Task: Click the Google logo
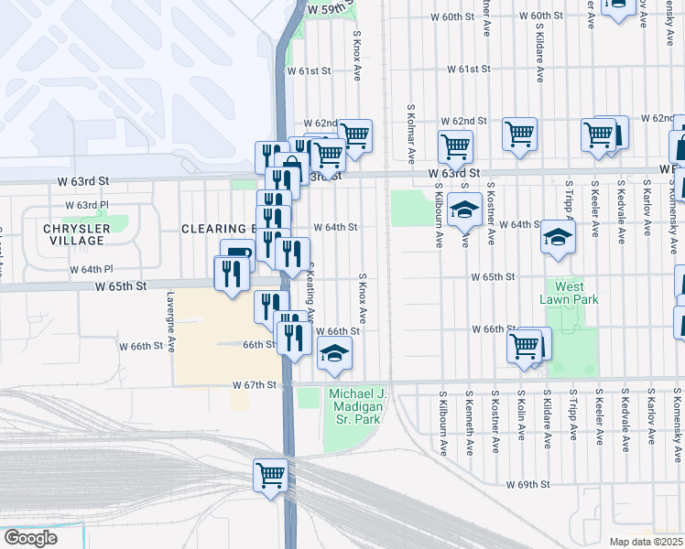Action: pyautogui.click(x=30, y=538)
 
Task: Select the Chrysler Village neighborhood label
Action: pyautogui.click(x=77, y=234)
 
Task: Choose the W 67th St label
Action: pyautogui.click(x=255, y=385)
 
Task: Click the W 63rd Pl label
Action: pyautogui.click(x=87, y=205)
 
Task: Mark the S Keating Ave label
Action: pyautogui.click(x=311, y=297)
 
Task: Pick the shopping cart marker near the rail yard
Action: pyautogui.click(x=271, y=475)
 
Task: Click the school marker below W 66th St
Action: pyautogui.click(x=335, y=353)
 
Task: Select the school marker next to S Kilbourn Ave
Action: pyautogui.click(x=464, y=210)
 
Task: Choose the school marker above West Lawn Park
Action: pyautogui.click(x=557, y=237)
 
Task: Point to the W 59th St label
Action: pyautogui.click(x=330, y=8)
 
